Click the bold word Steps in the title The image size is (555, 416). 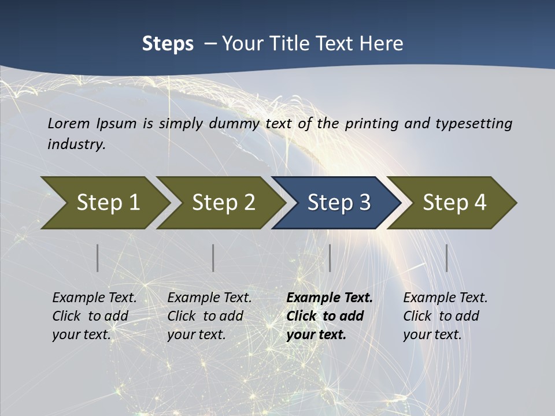click(168, 44)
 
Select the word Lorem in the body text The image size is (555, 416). click(68, 123)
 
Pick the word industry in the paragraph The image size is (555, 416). click(76, 144)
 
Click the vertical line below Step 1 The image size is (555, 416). click(98, 258)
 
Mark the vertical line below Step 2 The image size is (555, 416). click(213, 258)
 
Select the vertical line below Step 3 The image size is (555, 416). click(330, 258)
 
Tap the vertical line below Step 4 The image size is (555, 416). click(447, 258)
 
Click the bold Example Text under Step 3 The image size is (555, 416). click(330, 298)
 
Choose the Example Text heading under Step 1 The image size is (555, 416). click(94, 298)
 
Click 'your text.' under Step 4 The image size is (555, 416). click(432, 335)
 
